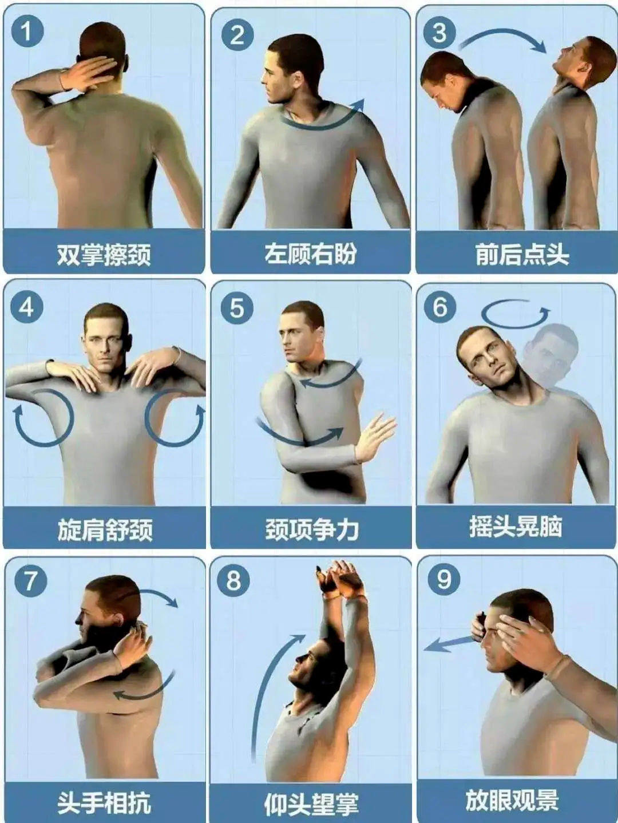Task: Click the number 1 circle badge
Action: point(27,31)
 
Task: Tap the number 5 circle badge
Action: point(236,308)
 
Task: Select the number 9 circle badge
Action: point(443,580)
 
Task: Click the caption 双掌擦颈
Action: point(104,255)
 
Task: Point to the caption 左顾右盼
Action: point(311,254)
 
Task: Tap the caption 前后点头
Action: point(522,255)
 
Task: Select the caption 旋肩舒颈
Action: point(105,530)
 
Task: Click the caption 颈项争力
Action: point(312,530)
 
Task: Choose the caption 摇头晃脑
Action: point(516,527)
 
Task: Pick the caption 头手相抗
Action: point(104,802)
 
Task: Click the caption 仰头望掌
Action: point(311,804)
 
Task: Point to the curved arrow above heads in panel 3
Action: point(502,34)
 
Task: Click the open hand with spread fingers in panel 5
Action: point(375,437)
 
